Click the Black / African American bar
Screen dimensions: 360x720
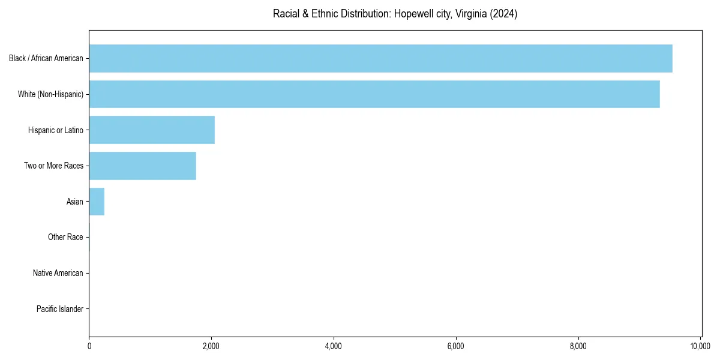click(380, 58)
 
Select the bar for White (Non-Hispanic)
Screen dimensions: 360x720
click(374, 94)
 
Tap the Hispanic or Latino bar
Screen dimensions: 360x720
click(152, 130)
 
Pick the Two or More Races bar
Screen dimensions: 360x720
click(143, 166)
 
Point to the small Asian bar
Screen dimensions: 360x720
click(97, 202)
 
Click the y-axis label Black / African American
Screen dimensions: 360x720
click(46, 58)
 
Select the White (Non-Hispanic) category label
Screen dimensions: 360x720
click(50, 94)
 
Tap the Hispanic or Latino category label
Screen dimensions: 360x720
click(55, 130)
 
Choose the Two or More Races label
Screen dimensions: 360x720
click(53, 166)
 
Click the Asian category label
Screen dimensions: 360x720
click(74, 202)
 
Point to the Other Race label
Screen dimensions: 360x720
click(65, 238)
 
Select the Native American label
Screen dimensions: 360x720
click(58, 274)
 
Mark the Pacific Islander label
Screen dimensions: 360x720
click(59, 310)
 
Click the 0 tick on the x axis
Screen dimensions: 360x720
click(89, 346)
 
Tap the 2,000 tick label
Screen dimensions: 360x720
click(211, 346)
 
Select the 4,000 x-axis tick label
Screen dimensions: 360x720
click(334, 346)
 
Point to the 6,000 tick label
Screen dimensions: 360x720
click(456, 346)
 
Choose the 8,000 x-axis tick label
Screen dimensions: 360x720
click(578, 346)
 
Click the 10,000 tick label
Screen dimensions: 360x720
click(700, 346)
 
